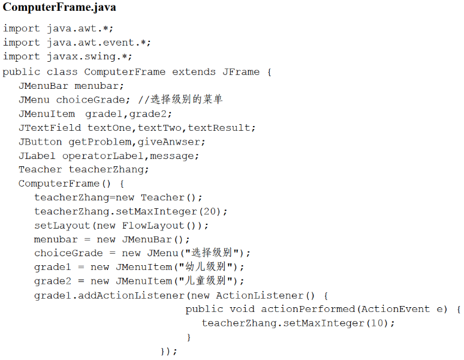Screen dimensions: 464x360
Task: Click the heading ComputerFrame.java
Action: click(x=59, y=8)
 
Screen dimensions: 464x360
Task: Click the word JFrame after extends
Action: click(x=241, y=71)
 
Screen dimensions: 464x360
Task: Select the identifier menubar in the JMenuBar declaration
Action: click(x=99, y=86)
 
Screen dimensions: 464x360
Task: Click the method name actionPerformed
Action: click(x=308, y=309)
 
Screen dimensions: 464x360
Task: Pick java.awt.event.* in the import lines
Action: click(x=99, y=43)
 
